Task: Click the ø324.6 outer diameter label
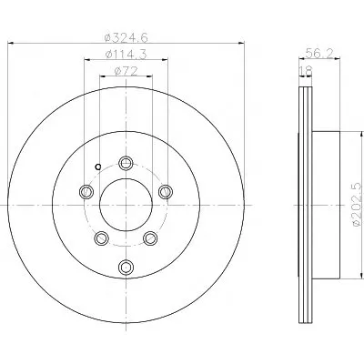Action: (126, 37)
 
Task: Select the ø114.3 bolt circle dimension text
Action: (126, 54)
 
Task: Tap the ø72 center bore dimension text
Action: (126, 71)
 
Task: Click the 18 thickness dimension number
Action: (306, 71)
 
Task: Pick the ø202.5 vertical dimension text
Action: (358, 205)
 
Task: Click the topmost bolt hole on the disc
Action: (126, 163)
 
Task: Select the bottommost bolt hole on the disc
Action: (126, 267)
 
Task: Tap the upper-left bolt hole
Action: (86, 192)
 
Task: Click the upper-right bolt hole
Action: (166, 192)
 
